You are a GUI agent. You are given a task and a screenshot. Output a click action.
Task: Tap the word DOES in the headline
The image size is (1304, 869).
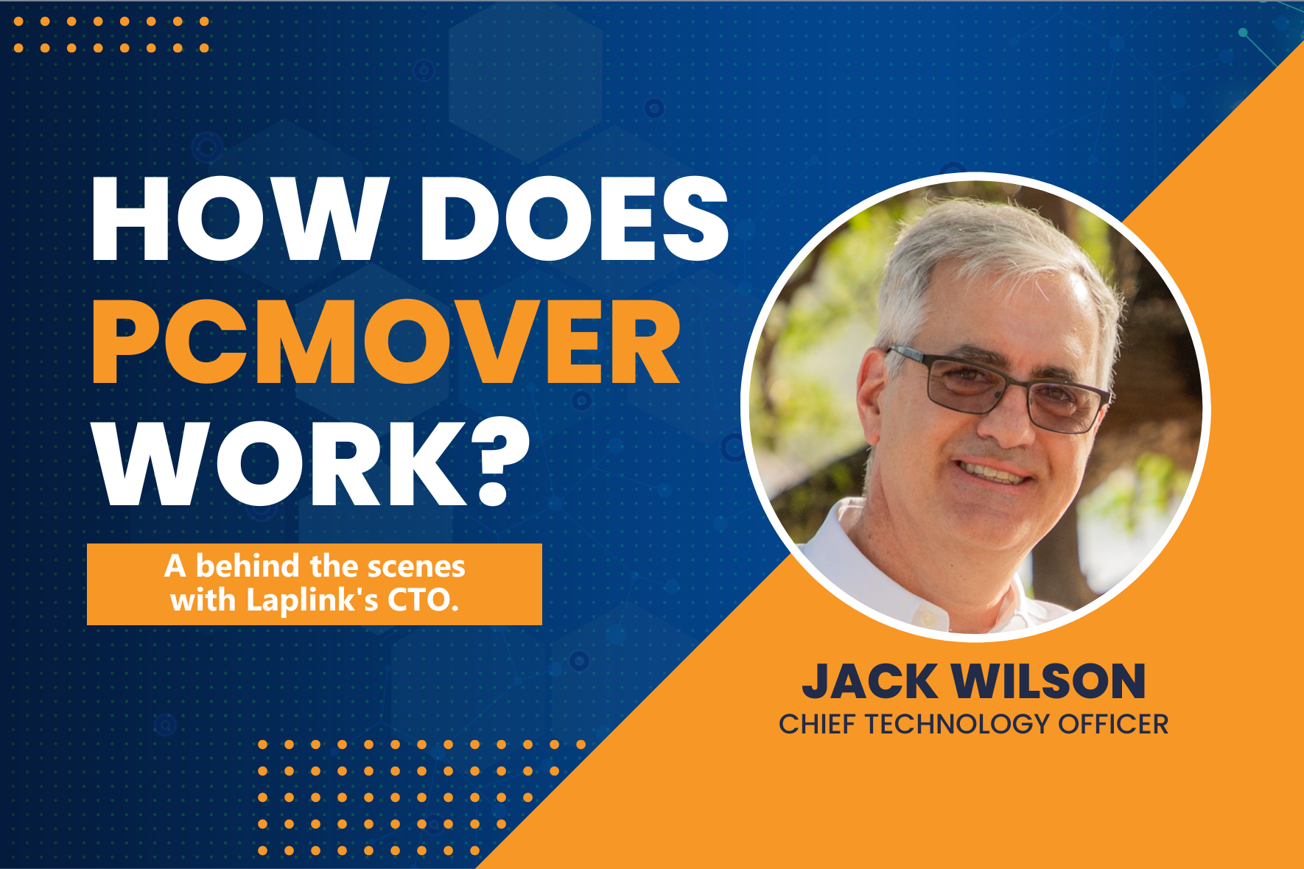click(575, 219)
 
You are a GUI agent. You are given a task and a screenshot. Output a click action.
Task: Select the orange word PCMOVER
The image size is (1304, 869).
click(385, 342)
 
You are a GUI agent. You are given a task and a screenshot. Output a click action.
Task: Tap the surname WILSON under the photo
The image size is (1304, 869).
click(1048, 681)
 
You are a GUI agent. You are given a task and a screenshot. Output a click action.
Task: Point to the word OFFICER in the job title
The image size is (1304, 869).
click(1113, 724)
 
